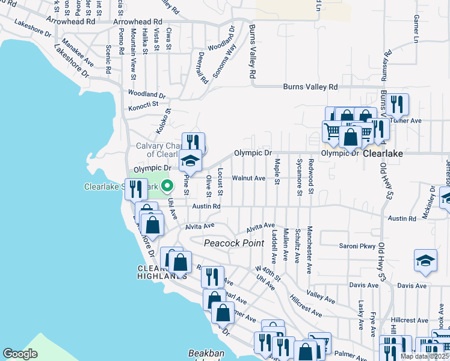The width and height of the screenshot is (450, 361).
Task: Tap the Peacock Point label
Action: click(x=234, y=243)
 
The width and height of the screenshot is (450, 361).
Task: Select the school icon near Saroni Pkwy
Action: click(x=425, y=260)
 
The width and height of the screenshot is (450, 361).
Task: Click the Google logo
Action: click(x=20, y=353)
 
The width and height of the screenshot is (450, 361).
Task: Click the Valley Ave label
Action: click(x=320, y=297)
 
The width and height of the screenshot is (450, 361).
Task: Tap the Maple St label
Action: click(x=277, y=171)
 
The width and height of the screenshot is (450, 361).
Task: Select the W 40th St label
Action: click(x=268, y=273)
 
